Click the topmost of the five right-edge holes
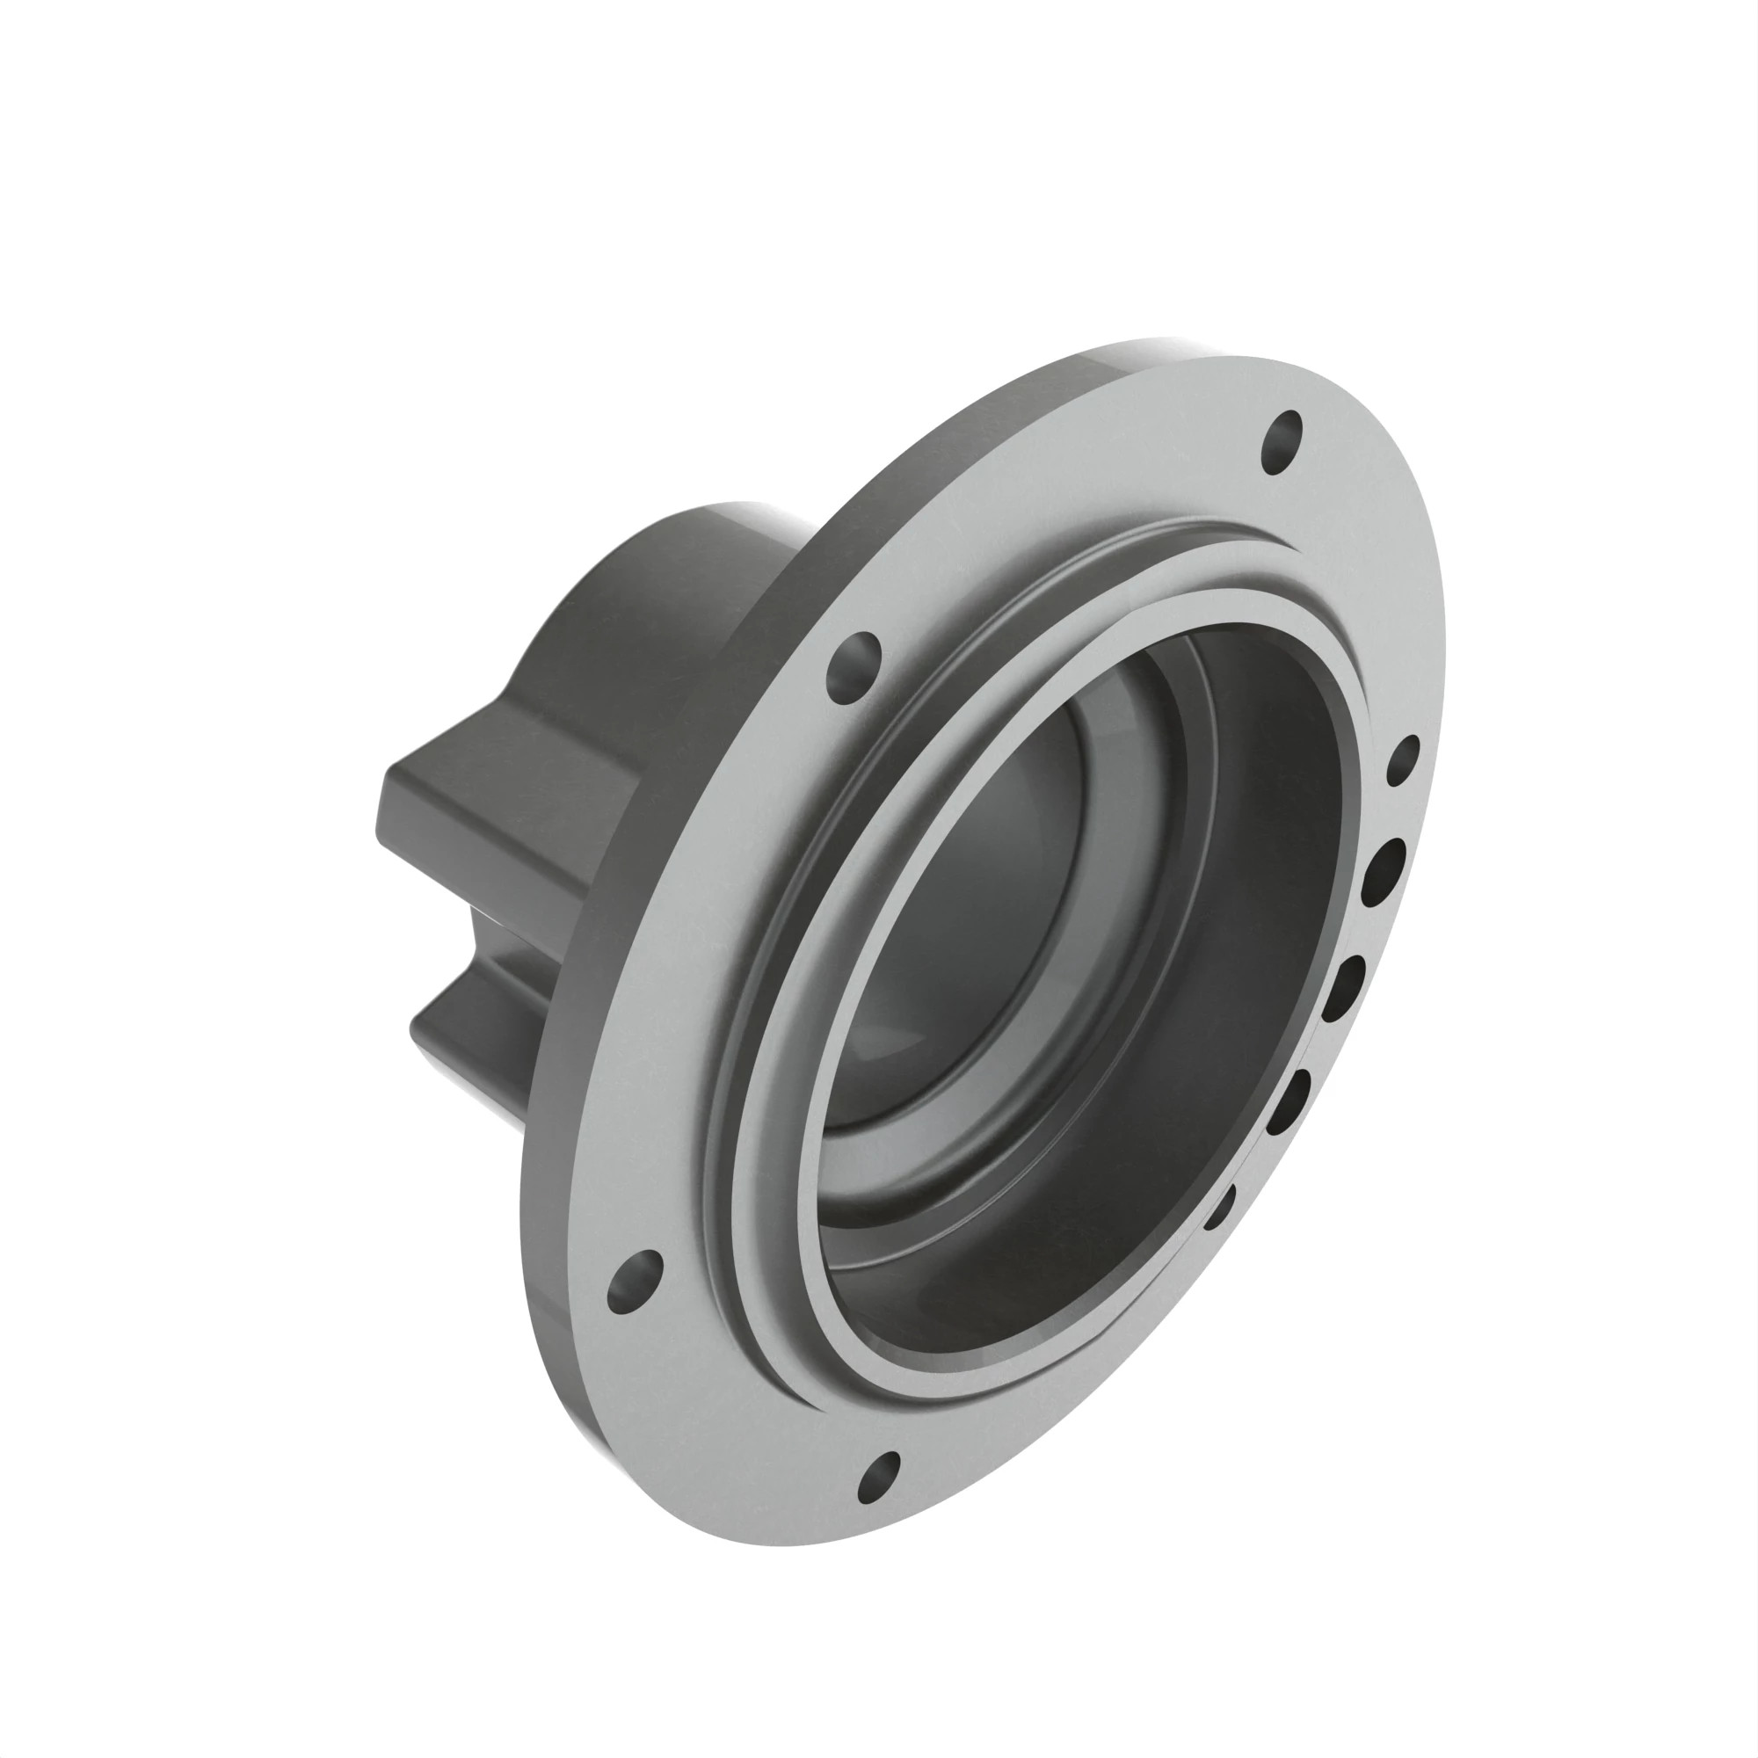coord(1402,760)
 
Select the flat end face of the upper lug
coord(386,819)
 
